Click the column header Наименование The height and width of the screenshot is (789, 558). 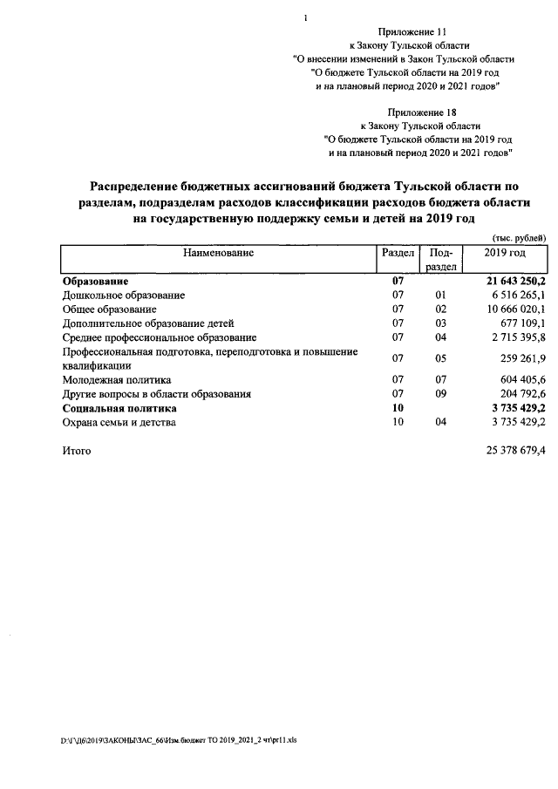pyautogui.click(x=218, y=253)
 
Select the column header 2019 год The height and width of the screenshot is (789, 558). pyautogui.click(x=506, y=253)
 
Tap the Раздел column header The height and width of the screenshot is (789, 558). pyautogui.click(x=398, y=253)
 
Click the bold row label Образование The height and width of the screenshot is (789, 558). pyautogui.click(x=96, y=282)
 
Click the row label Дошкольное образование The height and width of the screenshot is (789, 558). pyautogui.click(x=123, y=296)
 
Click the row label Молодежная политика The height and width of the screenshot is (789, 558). pyautogui.click(x=117, y=380)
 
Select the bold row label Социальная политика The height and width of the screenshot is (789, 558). pyautogui.click(x=119, y=408)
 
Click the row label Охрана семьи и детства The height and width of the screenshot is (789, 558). pyautogui.click(x=119, y=422)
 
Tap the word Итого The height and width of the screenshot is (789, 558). pyautogui.click(x=76, y=451)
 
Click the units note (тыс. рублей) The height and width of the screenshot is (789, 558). pyautogui.click(x=520, y=237)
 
